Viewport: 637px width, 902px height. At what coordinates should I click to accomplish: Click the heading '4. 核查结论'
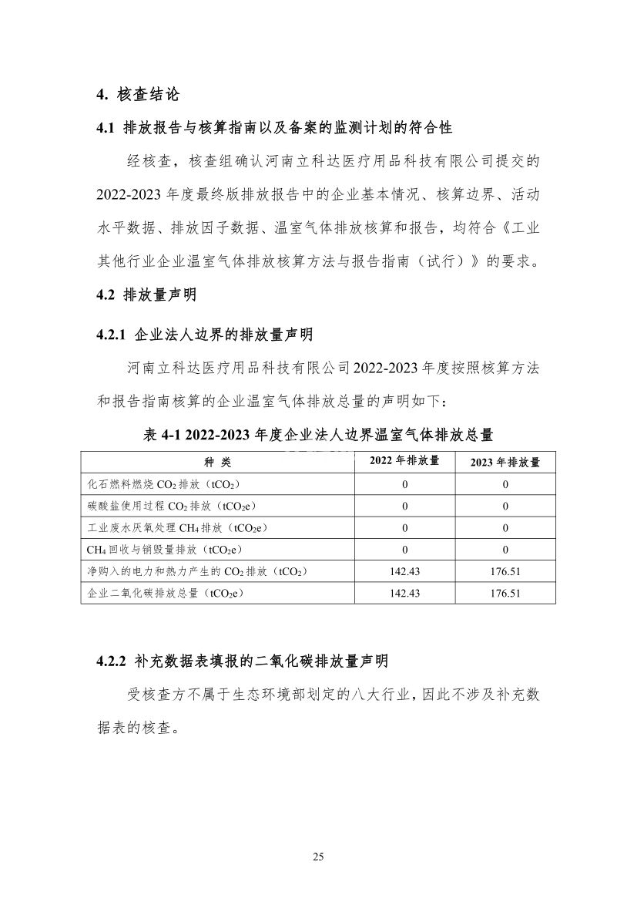138,95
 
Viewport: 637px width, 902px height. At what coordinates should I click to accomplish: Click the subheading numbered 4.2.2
242,661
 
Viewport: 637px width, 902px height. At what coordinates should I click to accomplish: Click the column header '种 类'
217,462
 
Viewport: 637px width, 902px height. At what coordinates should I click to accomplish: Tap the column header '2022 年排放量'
404,461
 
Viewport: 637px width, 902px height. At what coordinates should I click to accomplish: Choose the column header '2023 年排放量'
505,462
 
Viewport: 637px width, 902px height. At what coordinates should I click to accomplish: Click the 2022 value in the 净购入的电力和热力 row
404,571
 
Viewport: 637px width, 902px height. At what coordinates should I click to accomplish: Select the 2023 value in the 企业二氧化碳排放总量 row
505,593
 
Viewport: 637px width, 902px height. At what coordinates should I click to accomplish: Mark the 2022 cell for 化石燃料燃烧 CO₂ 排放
404,484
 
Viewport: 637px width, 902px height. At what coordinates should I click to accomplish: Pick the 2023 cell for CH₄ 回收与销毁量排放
505,550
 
